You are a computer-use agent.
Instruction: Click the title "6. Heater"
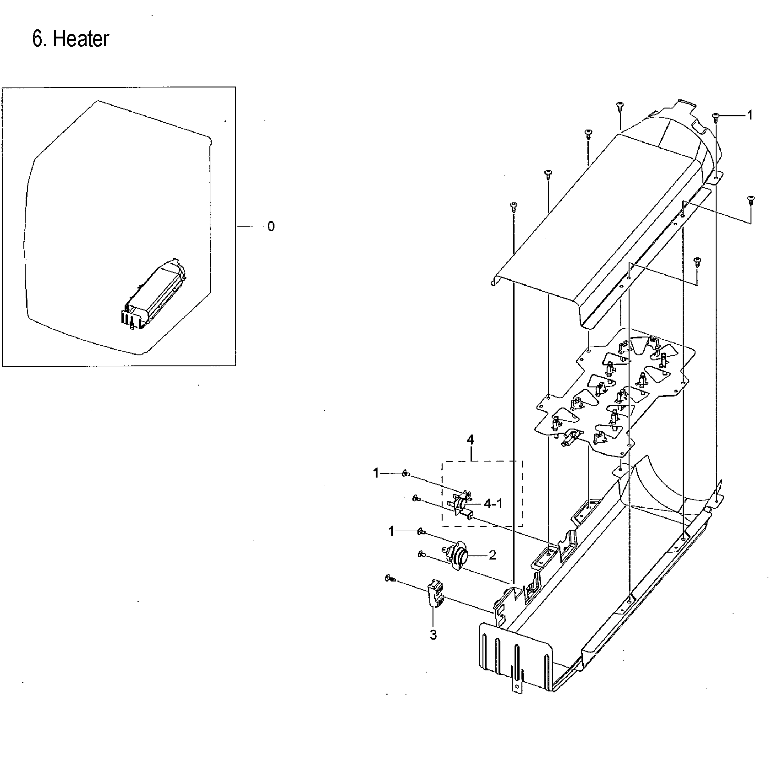[71, 39]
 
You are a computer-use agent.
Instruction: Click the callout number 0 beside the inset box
[271, 227]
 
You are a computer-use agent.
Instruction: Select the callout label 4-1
[493, 504]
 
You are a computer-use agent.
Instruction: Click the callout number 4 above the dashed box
[470, 440]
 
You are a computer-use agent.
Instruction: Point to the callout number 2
[493, 555]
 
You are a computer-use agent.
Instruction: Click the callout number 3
[433, 635]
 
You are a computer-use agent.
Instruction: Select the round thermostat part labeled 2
[455, 556]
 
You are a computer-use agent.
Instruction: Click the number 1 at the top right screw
[750, 115]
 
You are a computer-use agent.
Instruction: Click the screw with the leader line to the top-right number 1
[716, 117]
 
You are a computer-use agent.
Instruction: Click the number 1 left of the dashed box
[376, 473]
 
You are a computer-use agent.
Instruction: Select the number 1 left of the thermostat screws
[391, 531]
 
